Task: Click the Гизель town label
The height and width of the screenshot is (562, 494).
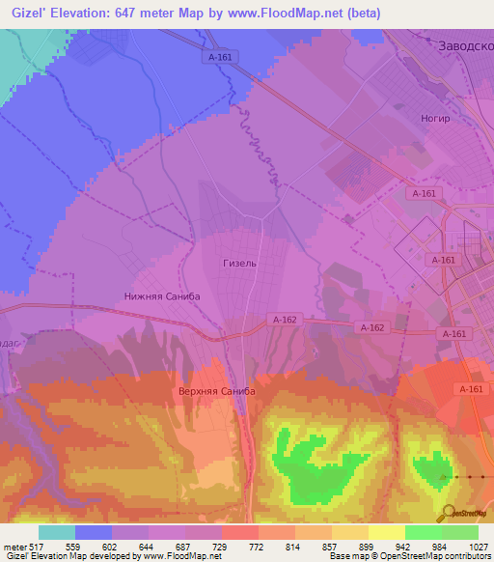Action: pos(238,263)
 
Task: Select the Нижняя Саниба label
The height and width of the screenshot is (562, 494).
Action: pos(162,296)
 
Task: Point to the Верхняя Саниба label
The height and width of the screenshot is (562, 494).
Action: pos(217,391)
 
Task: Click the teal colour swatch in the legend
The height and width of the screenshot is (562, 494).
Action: pos(57,532)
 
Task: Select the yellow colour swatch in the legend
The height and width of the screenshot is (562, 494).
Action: pos(387,532)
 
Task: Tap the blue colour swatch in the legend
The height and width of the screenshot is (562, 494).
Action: pos(94,532)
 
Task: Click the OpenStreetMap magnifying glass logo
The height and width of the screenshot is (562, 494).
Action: pos(449,511)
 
